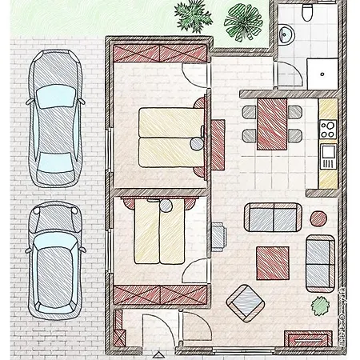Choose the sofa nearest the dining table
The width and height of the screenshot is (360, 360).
(x=272, y=218)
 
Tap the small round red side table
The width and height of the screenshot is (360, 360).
(x=318, y=219)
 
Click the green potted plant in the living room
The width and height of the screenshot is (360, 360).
(x=319, y=305)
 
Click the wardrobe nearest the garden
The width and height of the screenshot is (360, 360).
(x=160, y=57)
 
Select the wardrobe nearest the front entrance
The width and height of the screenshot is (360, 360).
(x=161, y=297)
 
